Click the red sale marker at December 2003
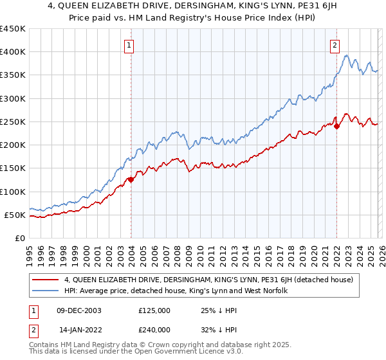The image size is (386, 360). click(131, 180)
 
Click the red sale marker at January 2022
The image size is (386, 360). click(336, 126)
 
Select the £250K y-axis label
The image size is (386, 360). click(13, 122)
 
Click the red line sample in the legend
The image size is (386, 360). click(46, 280)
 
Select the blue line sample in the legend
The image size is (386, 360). click(46, 291)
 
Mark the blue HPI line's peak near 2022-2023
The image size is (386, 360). click(347, 56)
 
